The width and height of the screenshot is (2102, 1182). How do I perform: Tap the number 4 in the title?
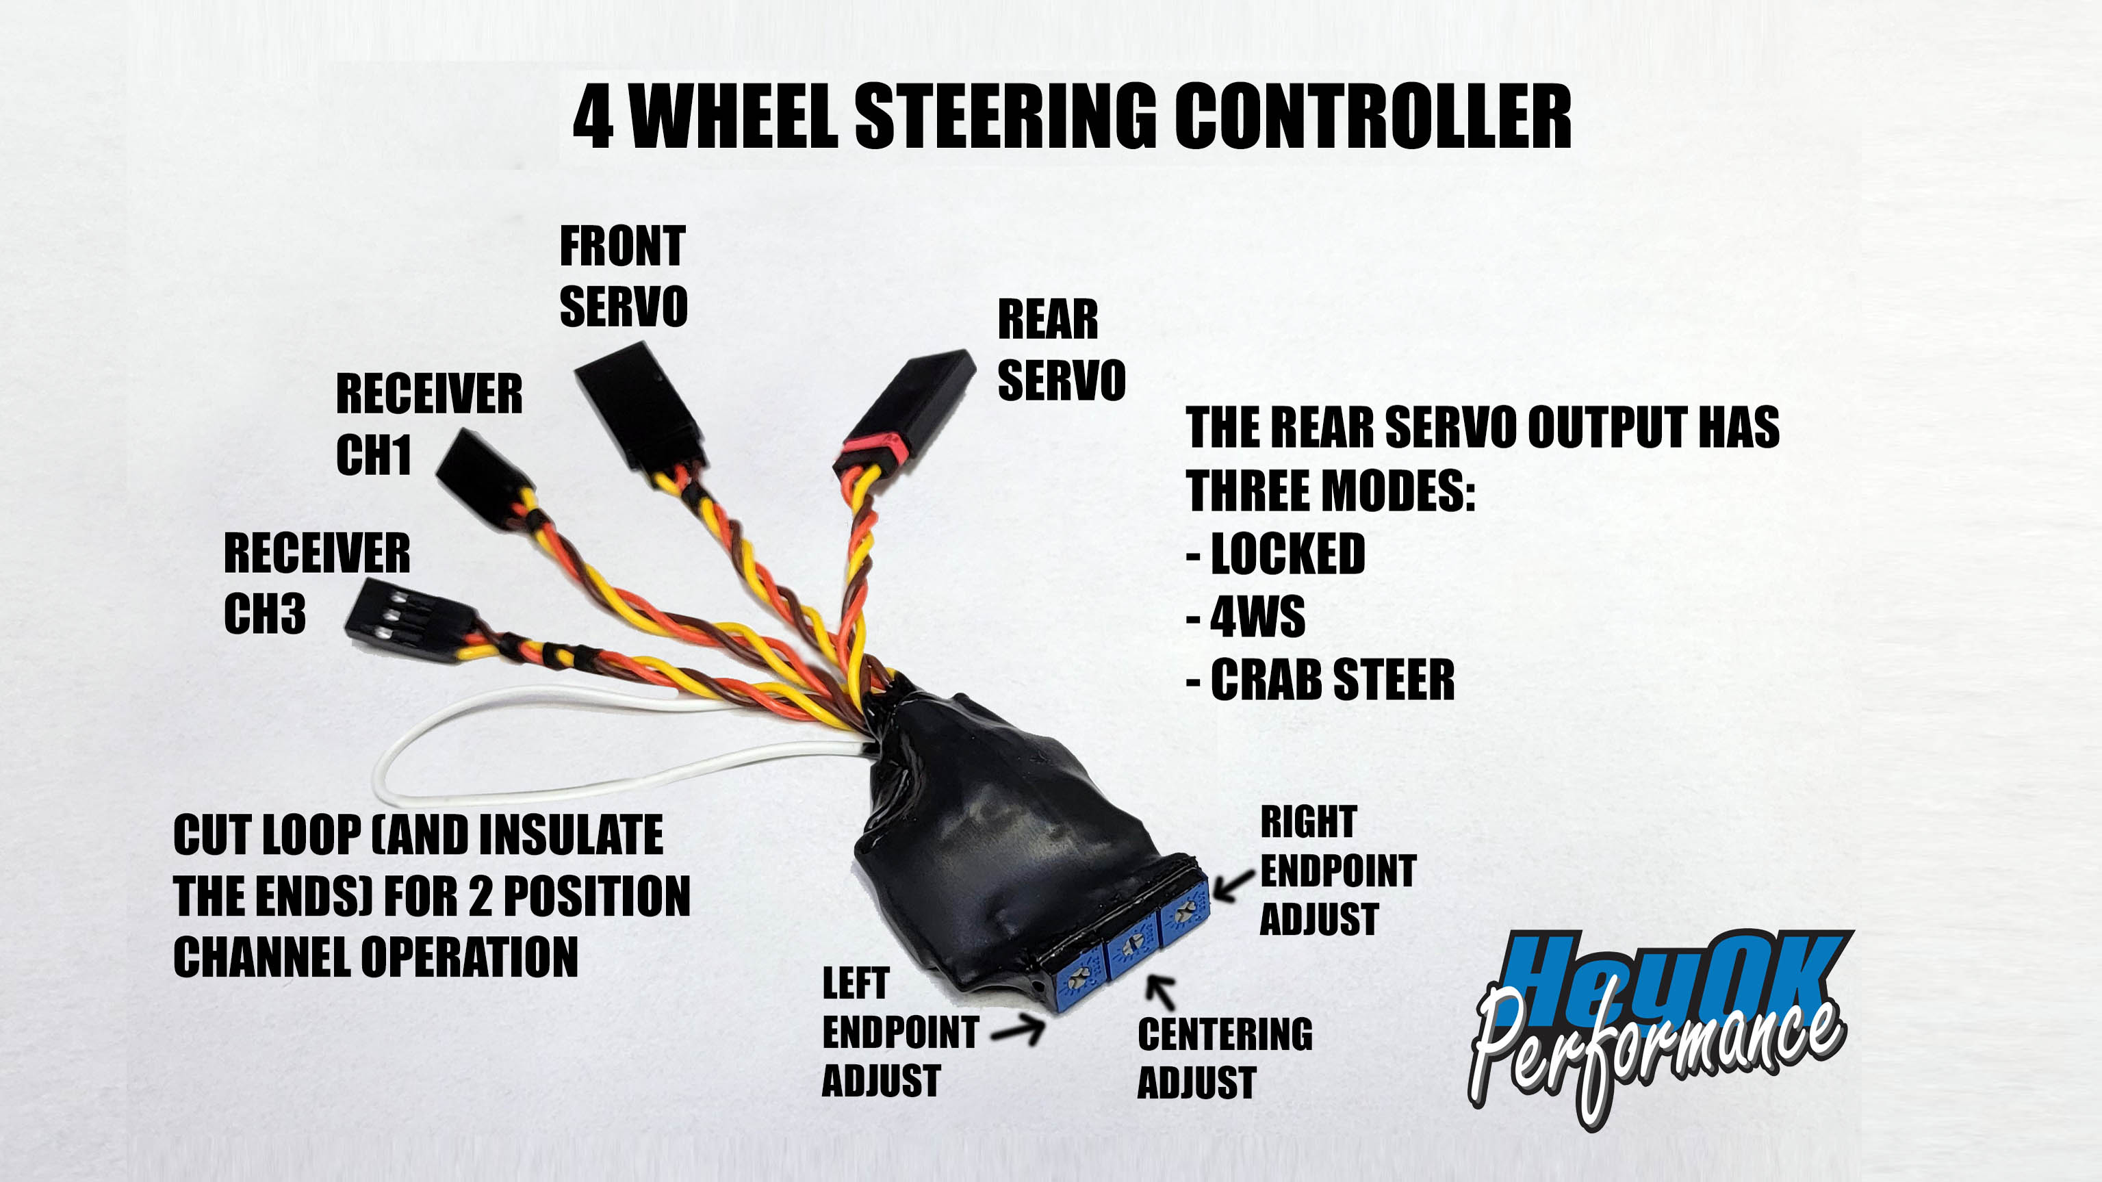(x=593, y=118)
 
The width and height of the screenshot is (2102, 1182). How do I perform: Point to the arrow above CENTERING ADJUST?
(x=1161, y=992)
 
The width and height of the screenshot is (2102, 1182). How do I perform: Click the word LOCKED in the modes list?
(x=1287, y=554)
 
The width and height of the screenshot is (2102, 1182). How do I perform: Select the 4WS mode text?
(x=1257, y=617)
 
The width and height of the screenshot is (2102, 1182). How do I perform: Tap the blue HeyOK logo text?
(x=1673, y=975)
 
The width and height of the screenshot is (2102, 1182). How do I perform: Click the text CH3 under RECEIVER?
(x=264, y=613)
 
